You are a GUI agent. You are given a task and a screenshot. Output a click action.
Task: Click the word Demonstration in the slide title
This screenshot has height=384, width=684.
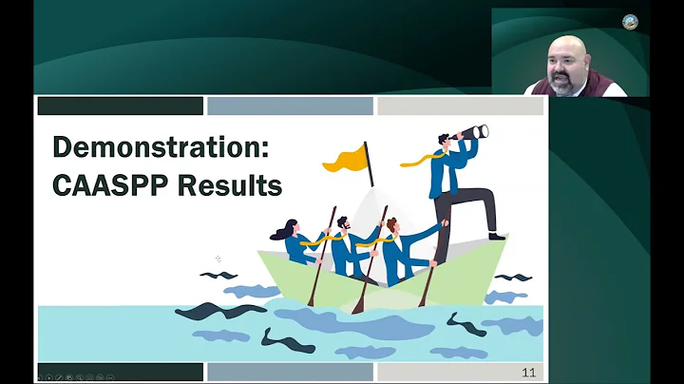point(157,147)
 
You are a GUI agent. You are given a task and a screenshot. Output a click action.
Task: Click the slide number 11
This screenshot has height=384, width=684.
point(529,373)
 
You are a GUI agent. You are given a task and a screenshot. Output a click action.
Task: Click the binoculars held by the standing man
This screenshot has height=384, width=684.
point(474,132)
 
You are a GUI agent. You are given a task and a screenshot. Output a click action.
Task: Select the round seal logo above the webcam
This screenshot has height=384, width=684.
point(630,22)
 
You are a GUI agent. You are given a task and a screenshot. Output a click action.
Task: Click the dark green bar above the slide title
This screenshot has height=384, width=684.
point(120,106)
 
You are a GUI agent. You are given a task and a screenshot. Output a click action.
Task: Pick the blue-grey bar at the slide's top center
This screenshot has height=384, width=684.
point(289,106)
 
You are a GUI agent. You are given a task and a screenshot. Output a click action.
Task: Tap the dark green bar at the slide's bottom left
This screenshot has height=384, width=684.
point(120,372)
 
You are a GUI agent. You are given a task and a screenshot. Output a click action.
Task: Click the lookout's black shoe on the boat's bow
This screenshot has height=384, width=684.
point(496,235)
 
